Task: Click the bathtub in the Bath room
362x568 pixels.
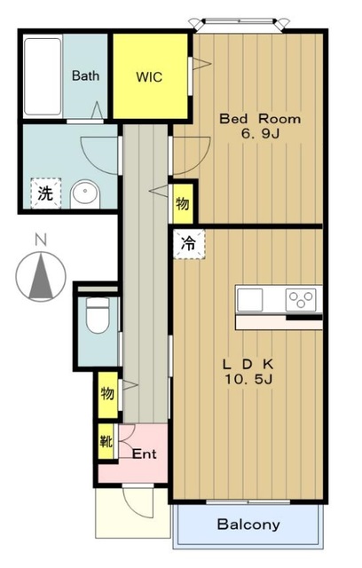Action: point(43,76)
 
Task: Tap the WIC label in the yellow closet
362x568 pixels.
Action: point(149,77)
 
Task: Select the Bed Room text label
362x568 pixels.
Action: point(260,119)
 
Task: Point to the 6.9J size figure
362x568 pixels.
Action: point(260,134)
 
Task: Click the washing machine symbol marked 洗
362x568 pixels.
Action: point(45,193)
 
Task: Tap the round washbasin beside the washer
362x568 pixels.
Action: point(85,194)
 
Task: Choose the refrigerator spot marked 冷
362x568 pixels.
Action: point(189,244)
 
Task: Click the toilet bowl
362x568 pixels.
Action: point(98,315)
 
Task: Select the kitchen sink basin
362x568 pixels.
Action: point(250,300)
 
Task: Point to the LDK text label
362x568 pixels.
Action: point(248,364)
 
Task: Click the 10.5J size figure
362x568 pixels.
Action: point(248,379)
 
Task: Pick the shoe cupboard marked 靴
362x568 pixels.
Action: point(106,442)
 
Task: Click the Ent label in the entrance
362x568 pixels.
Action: point(144,454)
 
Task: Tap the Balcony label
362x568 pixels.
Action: point(248,525)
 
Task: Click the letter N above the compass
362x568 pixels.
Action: point(41,240)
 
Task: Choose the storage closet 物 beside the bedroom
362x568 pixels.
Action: point(183,203)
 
